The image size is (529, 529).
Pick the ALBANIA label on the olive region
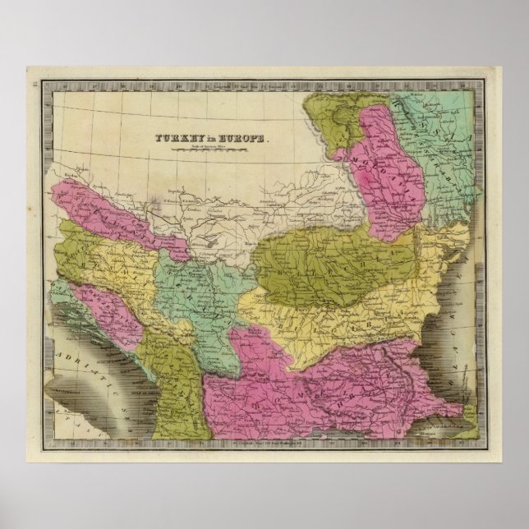[168, 386]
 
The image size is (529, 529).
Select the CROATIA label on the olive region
[74, 246]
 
